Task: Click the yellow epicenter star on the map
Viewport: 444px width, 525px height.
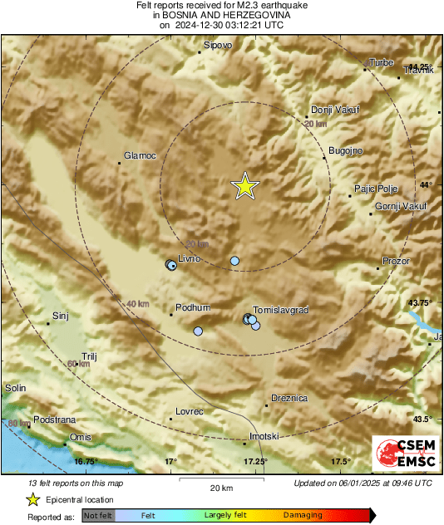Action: click(x=245, y=187)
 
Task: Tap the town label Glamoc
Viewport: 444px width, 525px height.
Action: click(x=140, y=155)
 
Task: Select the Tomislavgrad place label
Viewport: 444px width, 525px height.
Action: click(x=280, y=309)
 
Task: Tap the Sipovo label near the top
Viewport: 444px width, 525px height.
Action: click(x=218, y=44)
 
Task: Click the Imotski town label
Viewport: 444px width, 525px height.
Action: click(x=264, y=436)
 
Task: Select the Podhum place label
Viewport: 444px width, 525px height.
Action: click(x=194, y=307)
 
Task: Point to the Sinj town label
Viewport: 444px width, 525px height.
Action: click(x=60, y=316)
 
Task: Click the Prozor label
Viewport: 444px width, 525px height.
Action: click(x=396, y=262)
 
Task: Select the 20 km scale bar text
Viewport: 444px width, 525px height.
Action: click(x=221, y=487)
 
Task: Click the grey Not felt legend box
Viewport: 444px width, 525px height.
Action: click(x=98, y=516)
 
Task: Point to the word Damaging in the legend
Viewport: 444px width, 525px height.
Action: click(x=303, y=516)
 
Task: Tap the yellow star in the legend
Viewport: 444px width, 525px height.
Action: click(x=32, y=499)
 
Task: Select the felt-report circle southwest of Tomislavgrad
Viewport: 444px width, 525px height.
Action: click(x=198, y=331)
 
